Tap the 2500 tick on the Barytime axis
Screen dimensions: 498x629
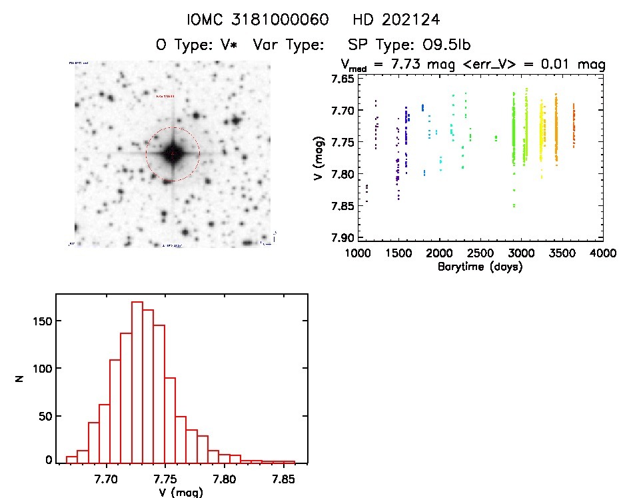(x=480, y=253)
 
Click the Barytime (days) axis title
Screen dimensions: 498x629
(x=480, y=267)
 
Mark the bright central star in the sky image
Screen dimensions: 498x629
(x=172, y=154)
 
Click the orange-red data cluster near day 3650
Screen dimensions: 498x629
(x=574, y=127)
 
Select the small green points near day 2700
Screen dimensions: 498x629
(x=496, y=138)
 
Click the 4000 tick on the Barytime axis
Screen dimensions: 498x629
(x=603, y=253)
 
